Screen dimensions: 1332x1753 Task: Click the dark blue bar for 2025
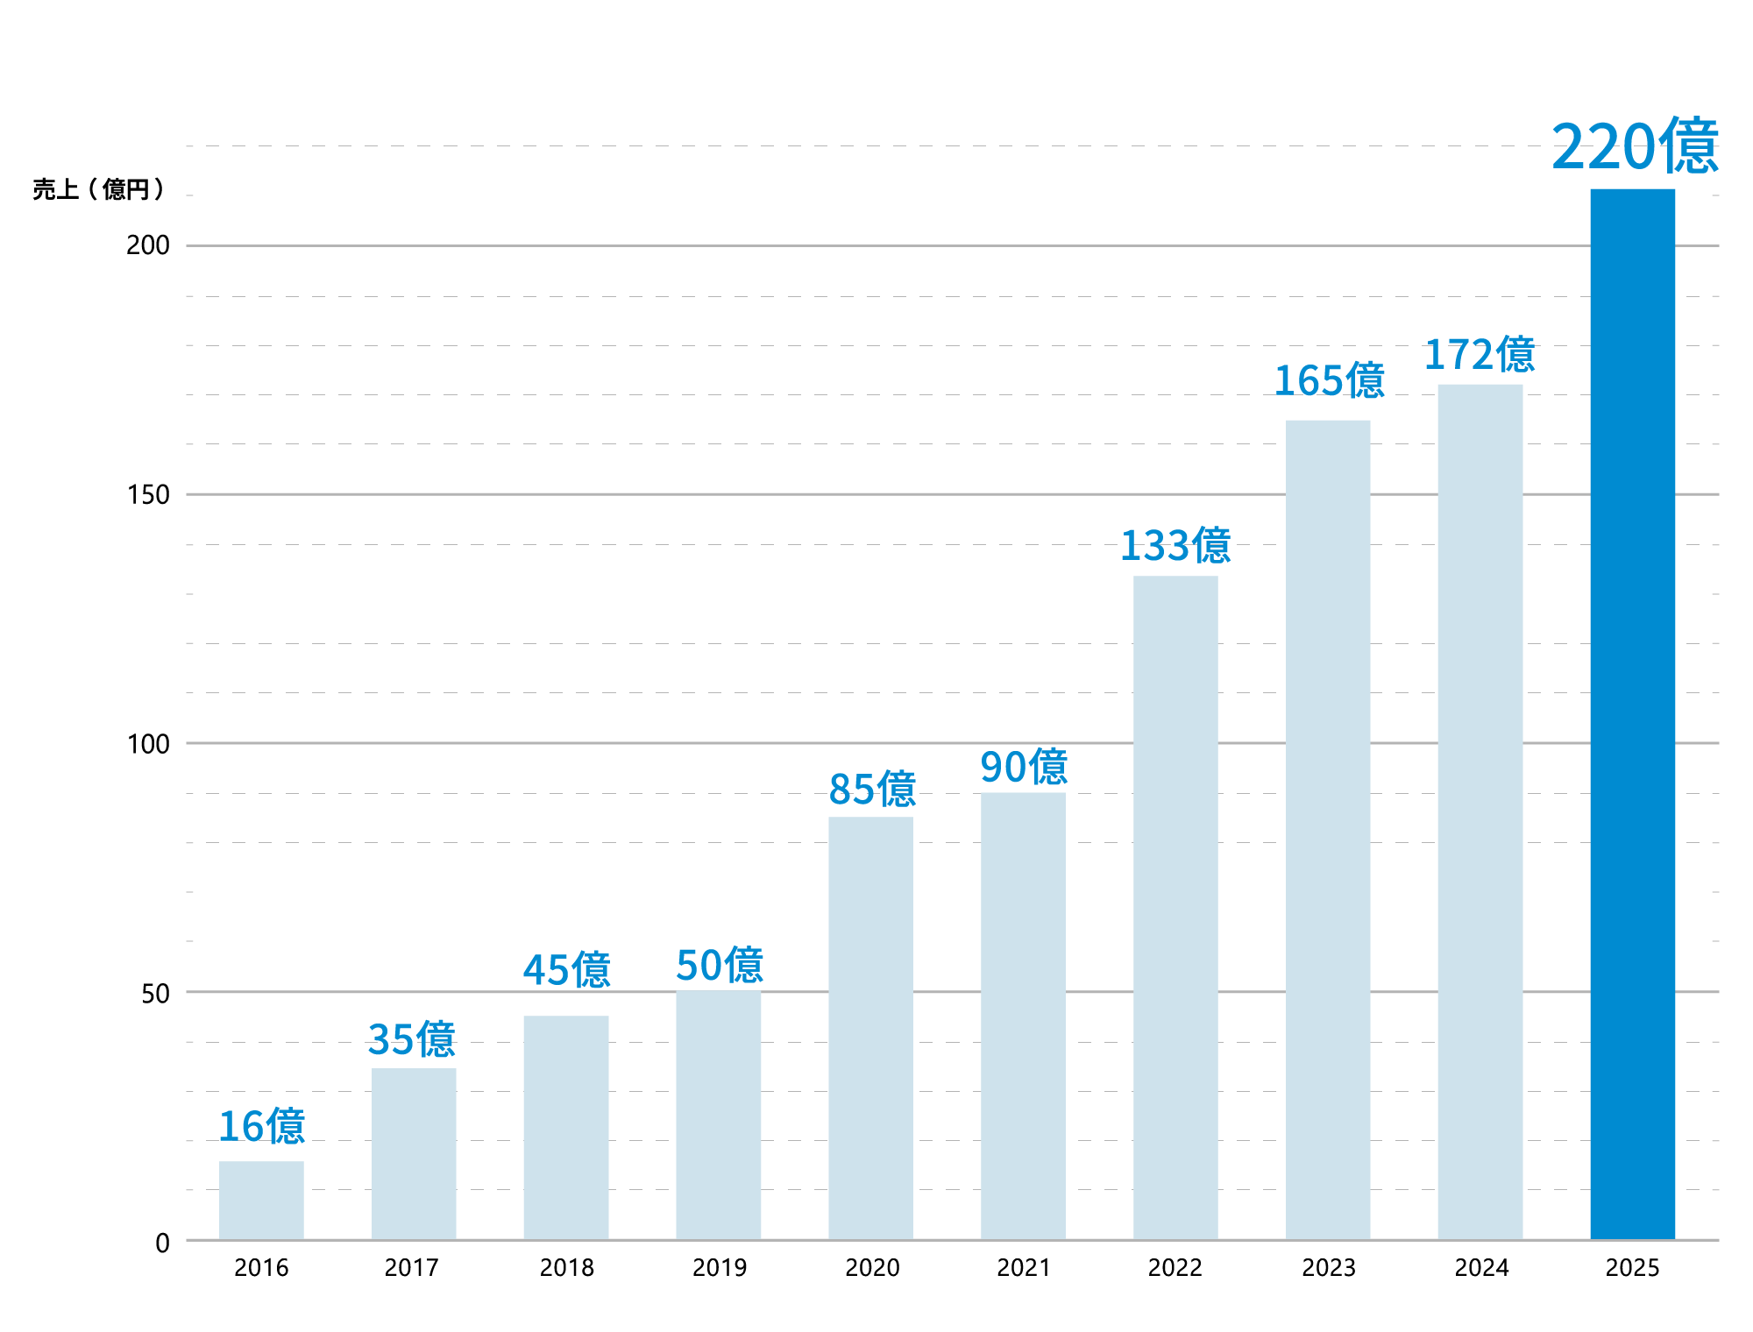(x=1632, y=713)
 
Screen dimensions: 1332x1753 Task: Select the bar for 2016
(x=261, y=1200)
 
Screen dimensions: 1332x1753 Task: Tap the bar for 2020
(x=870, y=1028)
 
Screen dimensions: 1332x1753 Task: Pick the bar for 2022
(x=1175, y=907)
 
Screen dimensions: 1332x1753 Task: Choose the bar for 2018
(x=566, y=1127)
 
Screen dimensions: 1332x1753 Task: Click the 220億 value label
(x=1634, y=146)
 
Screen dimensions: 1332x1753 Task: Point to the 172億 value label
(x=1480, y=355)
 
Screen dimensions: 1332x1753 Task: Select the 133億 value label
(x=1175, y=546)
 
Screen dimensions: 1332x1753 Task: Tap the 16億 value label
(x=261, y=1127)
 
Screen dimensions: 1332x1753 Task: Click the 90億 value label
(x=1024, y=768)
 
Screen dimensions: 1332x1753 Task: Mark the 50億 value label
(x=720, y=966)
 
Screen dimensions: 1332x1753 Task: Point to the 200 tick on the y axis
(x=147, y=245)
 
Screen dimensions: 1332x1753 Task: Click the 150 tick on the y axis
(x=147, y=495)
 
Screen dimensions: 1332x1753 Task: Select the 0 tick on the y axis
(x=162, y=1243)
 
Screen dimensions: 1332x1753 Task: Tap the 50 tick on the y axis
(x=155, y=994)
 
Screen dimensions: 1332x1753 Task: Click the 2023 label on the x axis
(x=1328, y=1268)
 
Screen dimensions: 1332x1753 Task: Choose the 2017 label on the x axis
(x=411, y=1268)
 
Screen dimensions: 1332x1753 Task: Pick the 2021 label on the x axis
(x=1023, y=1268)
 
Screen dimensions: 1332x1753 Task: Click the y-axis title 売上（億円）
(x=98, y=189)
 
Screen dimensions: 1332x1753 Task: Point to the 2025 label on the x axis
(x=1632, y=1268)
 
